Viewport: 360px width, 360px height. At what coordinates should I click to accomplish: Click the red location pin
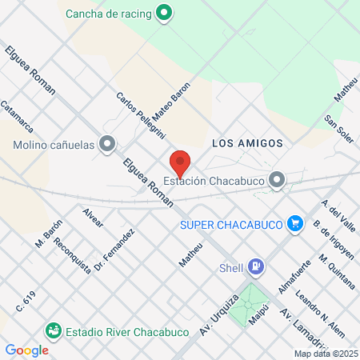[180, 162]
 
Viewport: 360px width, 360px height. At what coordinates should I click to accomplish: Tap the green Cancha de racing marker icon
[164, 13]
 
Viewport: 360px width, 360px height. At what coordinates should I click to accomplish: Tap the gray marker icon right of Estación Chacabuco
[277, 180]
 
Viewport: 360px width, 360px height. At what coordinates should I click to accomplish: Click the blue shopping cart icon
[295, 223]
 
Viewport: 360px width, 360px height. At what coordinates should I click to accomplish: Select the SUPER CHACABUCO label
[233, 224]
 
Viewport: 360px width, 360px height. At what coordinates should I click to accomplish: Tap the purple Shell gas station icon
[256, 266]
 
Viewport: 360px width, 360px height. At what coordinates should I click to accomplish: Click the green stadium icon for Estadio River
[54, 330]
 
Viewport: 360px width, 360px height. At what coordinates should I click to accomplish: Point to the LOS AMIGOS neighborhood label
[247, 143]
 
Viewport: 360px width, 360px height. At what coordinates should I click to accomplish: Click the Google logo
[26, 350]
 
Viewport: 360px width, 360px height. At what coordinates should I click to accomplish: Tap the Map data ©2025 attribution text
[326, 353]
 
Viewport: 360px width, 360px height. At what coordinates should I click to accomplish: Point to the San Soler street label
[338, 126]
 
